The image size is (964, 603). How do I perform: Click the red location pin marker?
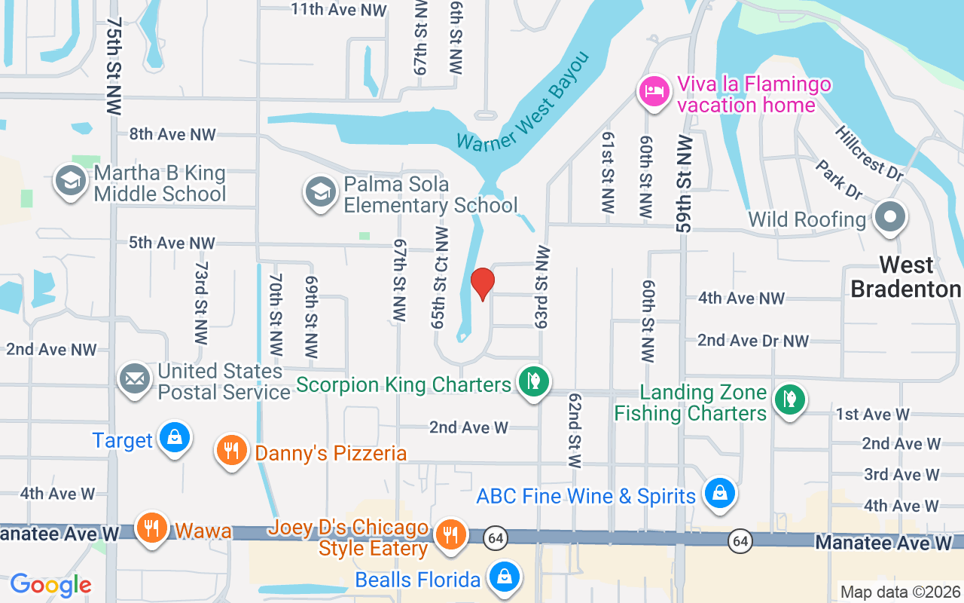pyautogui.click(x=482, y=283)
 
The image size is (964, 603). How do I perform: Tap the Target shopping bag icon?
pyautogui.click(x=175, y=437)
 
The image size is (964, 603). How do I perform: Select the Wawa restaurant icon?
pyautogui.click(x=152, y=528)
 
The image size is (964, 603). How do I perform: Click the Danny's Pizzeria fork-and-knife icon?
pyautogui.click(x=232, y=451)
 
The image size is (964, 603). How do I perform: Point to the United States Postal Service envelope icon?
pyautogui.click(x=136, y=378)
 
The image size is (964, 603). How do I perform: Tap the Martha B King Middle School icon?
pyautogui.click(x=72, y=182)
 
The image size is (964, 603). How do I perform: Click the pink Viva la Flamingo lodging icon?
pyautogui.click(x=654, y=92)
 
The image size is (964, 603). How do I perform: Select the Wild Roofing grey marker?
pyautogui.click(x=890, y=217)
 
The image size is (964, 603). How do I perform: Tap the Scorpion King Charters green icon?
pyautogui.click(x=534, y=381)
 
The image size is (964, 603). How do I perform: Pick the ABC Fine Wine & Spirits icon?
pyautogui.click(x=720, y=494)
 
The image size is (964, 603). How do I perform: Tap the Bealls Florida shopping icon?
pyautogui.click(x=504, y=577)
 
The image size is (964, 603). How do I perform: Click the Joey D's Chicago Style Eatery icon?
pyautogui.click(x=450, y=535)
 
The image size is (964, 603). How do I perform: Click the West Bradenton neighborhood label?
pyautogui.click(x=906, y=277)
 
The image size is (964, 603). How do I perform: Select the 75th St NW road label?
pyautogui.click(x=114, y=66)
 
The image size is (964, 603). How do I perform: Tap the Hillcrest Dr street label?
pyautogui.click(x=868, y=152)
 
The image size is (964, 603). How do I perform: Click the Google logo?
pyautogui.click(x=50, y=585)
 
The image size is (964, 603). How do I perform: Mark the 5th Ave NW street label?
pyautogui.click(x=172, y=243)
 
